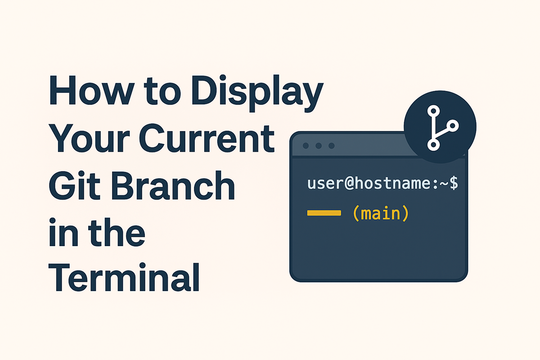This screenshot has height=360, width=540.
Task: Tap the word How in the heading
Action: [92, 90]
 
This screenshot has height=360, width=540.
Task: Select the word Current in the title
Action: [207, 138]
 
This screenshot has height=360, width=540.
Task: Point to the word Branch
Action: [173, 185]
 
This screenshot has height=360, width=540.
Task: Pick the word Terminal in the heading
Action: [124, 277]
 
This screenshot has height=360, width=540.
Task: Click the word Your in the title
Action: [90, 138]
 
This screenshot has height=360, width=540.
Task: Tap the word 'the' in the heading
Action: [117, 231]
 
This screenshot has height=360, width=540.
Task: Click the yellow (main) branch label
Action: [381, 213]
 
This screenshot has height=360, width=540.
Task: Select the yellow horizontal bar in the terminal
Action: [324, 213]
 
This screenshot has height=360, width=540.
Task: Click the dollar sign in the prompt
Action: [454, 183]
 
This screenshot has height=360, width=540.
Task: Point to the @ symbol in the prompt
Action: [349, 184]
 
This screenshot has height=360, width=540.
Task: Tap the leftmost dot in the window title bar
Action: [306, 146]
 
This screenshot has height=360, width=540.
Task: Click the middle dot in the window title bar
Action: [319, 146]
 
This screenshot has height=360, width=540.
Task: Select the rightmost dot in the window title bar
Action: [332, 146]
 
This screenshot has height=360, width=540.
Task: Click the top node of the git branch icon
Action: [433, 111]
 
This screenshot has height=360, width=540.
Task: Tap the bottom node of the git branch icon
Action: [433, 145]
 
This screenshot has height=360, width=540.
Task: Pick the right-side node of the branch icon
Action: [453, 126]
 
